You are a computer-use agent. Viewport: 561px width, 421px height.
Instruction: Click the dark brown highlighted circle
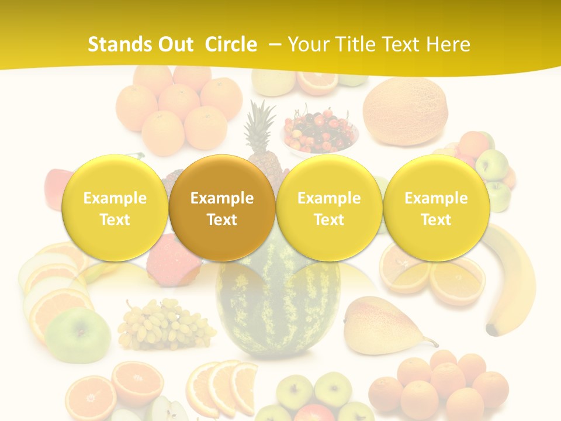(x=222, y=208)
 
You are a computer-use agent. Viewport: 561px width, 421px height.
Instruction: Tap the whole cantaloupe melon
(x=405, y=111)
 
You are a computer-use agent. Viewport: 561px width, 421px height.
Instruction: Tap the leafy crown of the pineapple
(x=261, y=123)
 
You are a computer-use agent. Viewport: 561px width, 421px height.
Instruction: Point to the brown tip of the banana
(x=493, y=332)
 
